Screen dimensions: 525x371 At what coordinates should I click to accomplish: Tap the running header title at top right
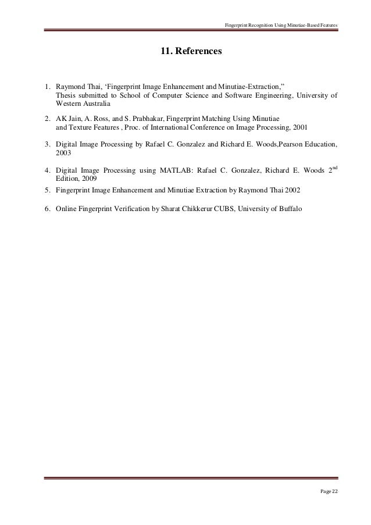click(x=281, y=25)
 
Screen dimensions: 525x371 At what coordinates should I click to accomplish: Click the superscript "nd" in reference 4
click(x=334, y=167)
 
